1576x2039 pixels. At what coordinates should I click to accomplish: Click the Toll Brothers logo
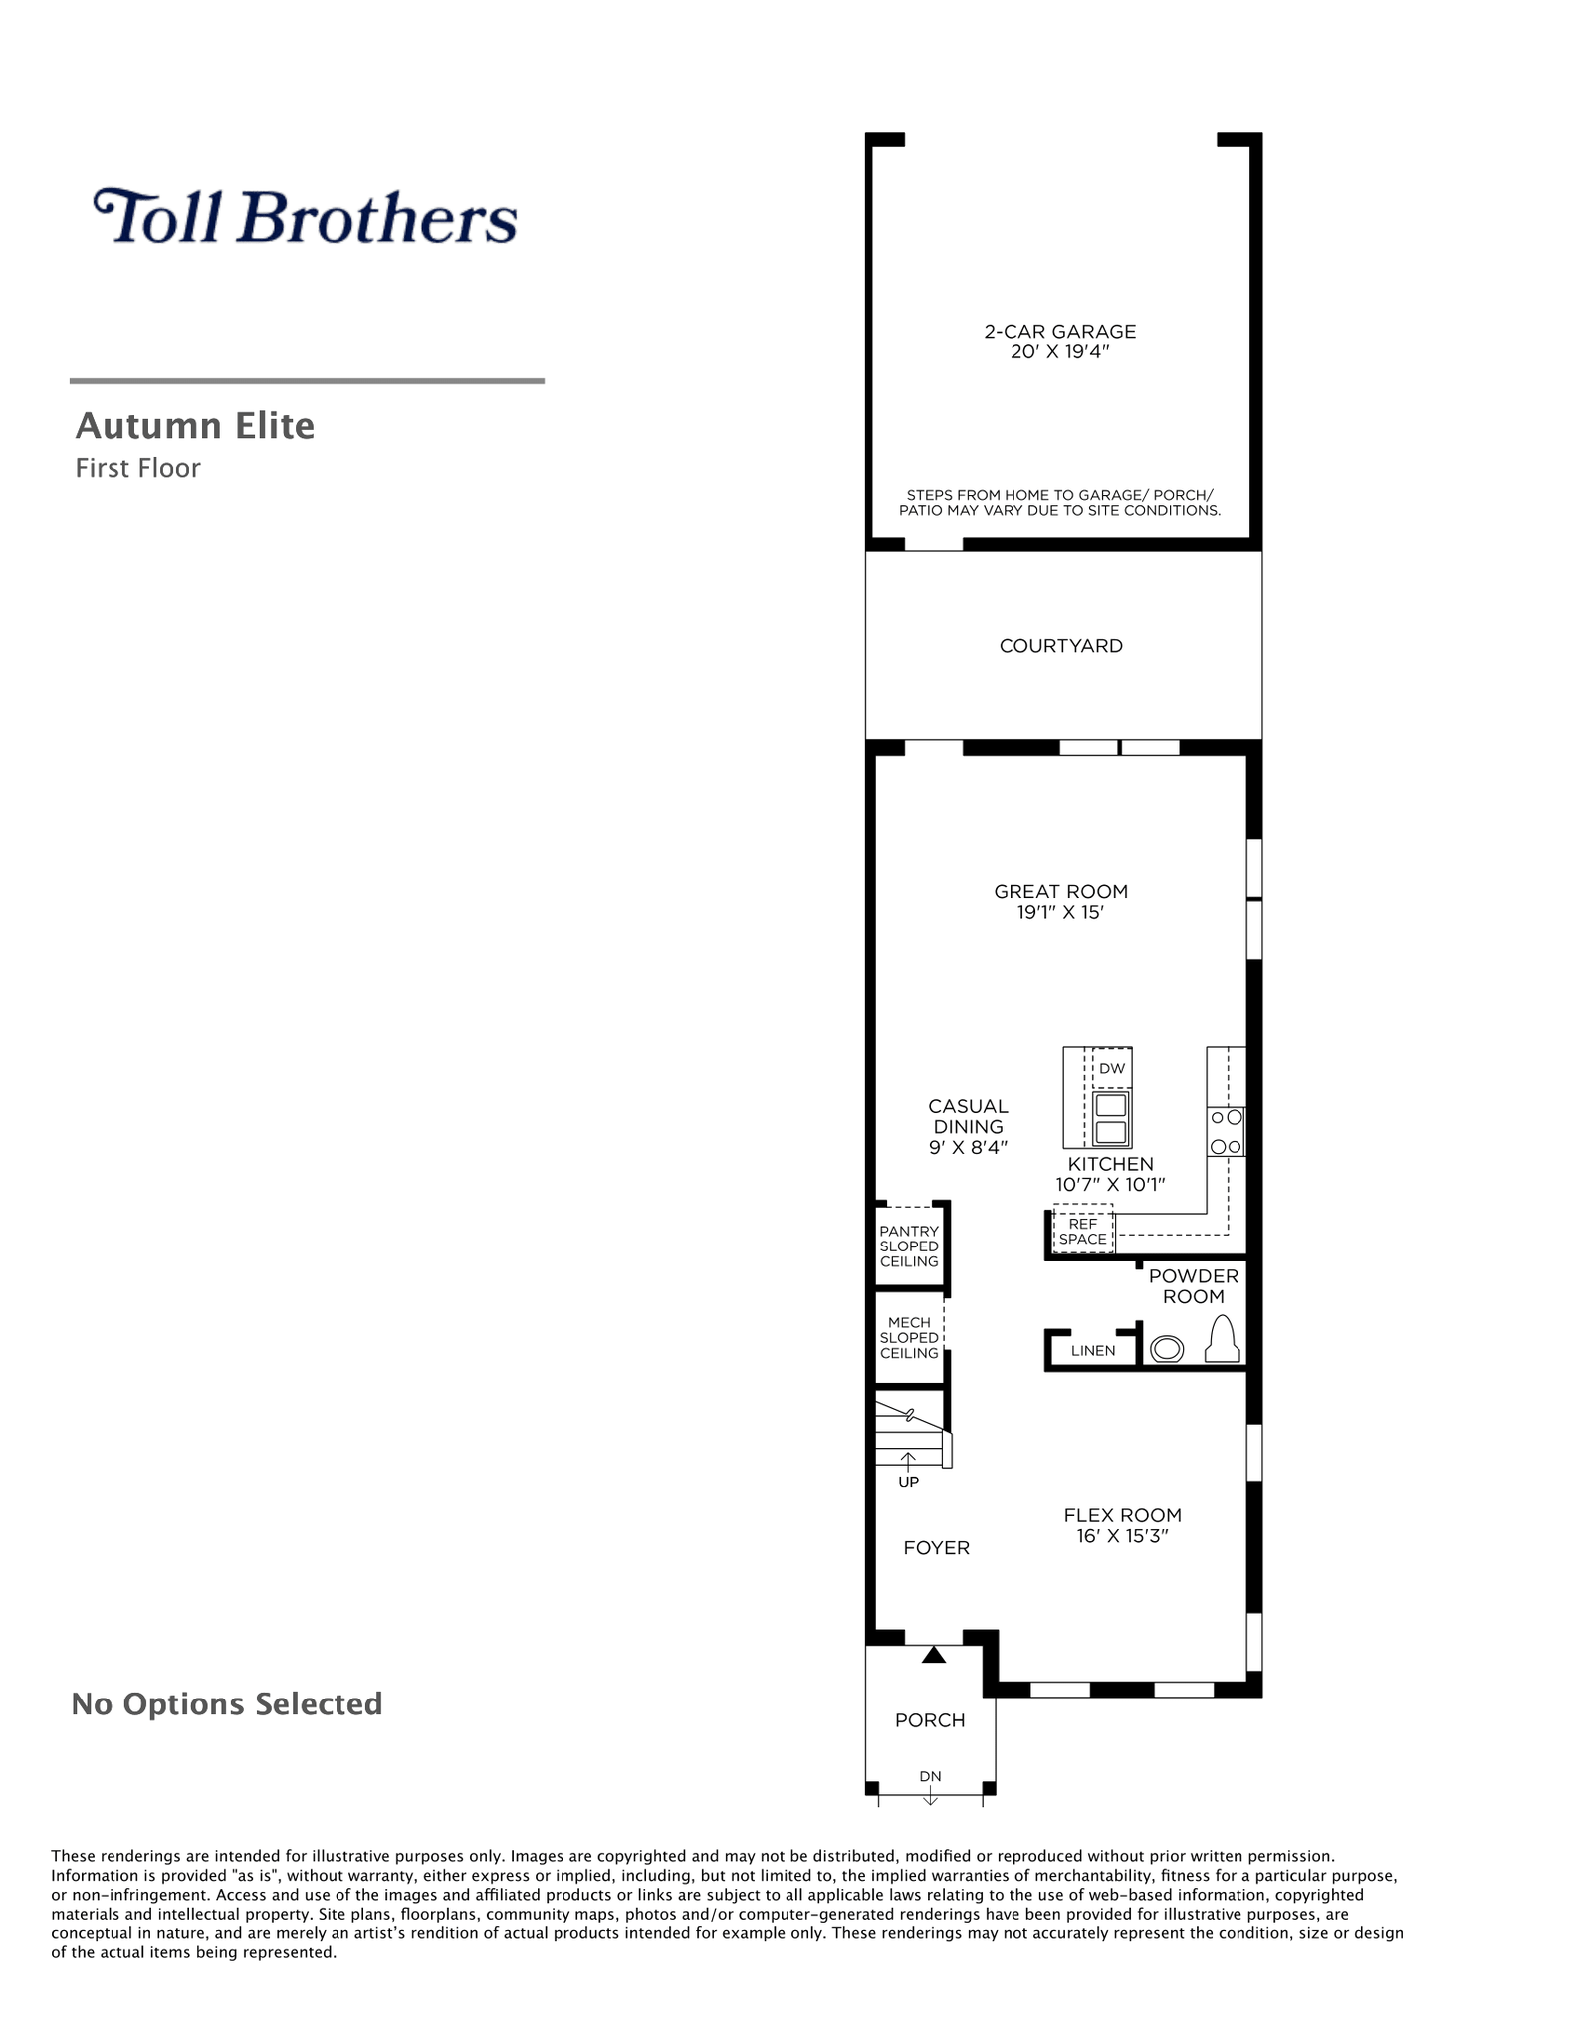point(305,216)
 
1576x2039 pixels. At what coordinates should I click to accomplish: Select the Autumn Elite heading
point(195,426)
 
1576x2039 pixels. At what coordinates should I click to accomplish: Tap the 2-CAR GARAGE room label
point(1060,331)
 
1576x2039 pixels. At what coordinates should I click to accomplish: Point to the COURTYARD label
point(1061,646)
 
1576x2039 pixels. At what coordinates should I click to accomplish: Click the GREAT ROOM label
point(1061,891)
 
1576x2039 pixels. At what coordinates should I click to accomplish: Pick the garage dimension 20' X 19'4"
point(1060,351)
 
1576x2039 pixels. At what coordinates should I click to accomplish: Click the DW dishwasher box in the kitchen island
point(1112,1068)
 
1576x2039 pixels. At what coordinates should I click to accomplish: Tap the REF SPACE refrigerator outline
point(1083,1232)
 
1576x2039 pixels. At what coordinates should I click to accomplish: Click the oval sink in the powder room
point(1167,1349)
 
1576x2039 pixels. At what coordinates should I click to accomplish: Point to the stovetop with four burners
point(1226,1132)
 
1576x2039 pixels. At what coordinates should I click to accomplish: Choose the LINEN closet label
point(1093,1351)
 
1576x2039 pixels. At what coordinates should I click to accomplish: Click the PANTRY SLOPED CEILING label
point(909,1246)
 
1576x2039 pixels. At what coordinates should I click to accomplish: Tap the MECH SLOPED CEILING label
point(909,1338)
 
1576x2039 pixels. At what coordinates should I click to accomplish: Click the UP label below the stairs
point(909,1482)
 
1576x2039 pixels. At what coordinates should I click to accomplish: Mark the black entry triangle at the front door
point(933,1655)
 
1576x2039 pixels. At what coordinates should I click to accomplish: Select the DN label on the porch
point(930,1776)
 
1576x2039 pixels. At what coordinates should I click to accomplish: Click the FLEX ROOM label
point(1122,1515)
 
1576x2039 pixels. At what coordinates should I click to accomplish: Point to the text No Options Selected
point(227,1704)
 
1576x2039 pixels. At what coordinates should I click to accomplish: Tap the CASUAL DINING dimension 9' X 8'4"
point(968,1147)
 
